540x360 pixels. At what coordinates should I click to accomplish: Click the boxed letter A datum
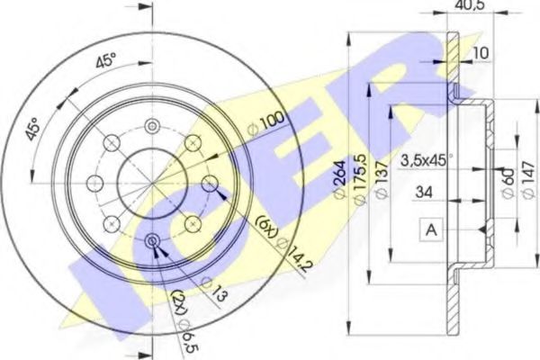(432, 230)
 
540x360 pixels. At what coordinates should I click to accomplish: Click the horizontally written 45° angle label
(107, 62)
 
